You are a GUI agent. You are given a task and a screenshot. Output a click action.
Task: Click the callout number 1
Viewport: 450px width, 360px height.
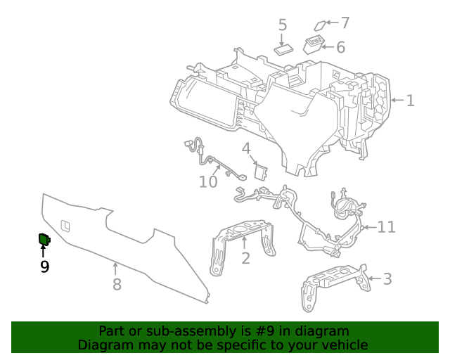[x=410, y=101]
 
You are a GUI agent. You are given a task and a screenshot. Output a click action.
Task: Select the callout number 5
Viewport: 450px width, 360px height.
[x=283, y=25]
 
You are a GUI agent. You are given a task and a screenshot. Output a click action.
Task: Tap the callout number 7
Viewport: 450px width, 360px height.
[x=345, y=22]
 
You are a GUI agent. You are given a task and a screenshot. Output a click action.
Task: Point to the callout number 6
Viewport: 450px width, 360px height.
[x=340, y=47]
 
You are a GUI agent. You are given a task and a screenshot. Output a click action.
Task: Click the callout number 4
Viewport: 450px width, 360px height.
[x=246, y=148]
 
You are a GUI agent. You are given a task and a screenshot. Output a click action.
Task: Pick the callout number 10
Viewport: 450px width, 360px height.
[x=208, y=182]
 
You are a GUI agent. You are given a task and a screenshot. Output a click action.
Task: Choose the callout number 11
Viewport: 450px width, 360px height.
[x=387, y=226]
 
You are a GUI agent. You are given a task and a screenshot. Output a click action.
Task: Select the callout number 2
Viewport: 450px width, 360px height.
[x=245, y=259]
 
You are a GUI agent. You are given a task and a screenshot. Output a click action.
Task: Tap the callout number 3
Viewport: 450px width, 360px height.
[x=387, y=279]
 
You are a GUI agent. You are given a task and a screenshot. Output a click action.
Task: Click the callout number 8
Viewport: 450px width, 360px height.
[x=117, y=284]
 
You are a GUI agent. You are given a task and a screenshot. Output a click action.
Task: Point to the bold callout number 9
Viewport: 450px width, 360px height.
[x=44, y=266]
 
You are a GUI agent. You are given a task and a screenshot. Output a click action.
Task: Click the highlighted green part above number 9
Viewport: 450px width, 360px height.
[x=44, y=240]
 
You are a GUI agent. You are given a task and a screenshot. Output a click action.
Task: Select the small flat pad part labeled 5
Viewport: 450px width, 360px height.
[x=284, y=49]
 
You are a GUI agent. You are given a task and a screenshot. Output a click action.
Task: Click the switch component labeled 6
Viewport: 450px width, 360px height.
[x=314, y=46]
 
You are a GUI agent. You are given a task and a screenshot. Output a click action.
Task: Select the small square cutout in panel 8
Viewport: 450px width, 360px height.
[x=65, y=225]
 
